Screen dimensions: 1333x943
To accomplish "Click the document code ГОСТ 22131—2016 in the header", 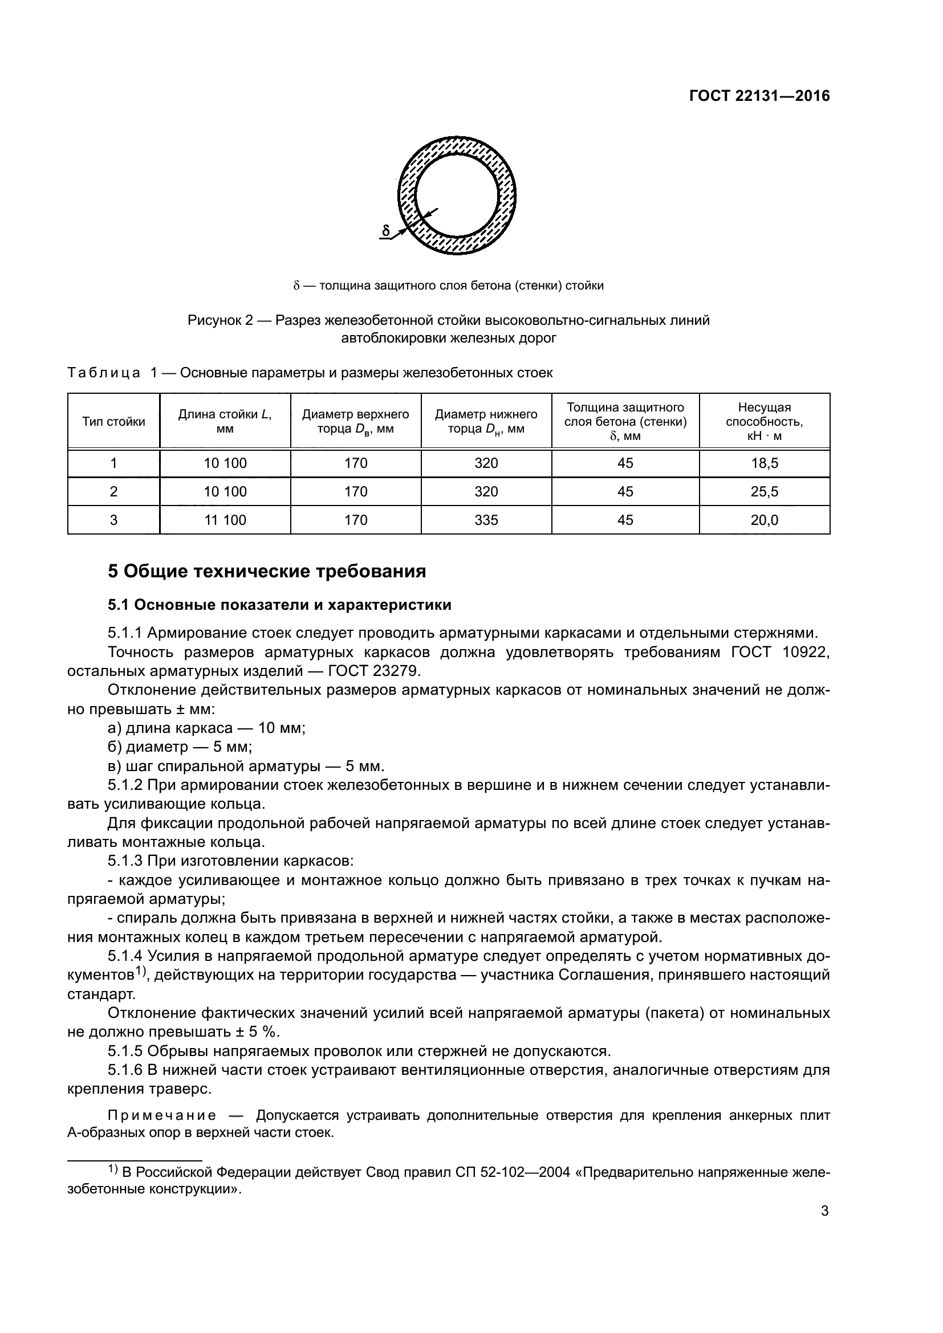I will pos(759,96).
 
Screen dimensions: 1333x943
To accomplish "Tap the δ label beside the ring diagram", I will pos(386,230).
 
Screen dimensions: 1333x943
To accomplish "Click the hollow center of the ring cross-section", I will pos(458,195).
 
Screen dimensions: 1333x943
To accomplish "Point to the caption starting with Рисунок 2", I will pos(448,329).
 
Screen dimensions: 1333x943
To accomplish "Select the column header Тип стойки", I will pos(114,422).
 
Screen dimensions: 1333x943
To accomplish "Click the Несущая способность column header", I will pos(764,422).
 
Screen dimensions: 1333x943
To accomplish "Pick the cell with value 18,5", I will pos(764,463).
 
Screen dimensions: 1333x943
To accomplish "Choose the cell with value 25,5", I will pos(764,492).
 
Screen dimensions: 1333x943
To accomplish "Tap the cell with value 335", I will pos(486,520).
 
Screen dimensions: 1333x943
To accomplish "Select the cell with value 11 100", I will pos(225,520).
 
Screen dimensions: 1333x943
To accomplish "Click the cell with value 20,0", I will pos(764,520).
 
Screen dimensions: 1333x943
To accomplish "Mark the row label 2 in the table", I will pos(114,492).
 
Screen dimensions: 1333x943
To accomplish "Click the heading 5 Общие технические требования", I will pos(267,571).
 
